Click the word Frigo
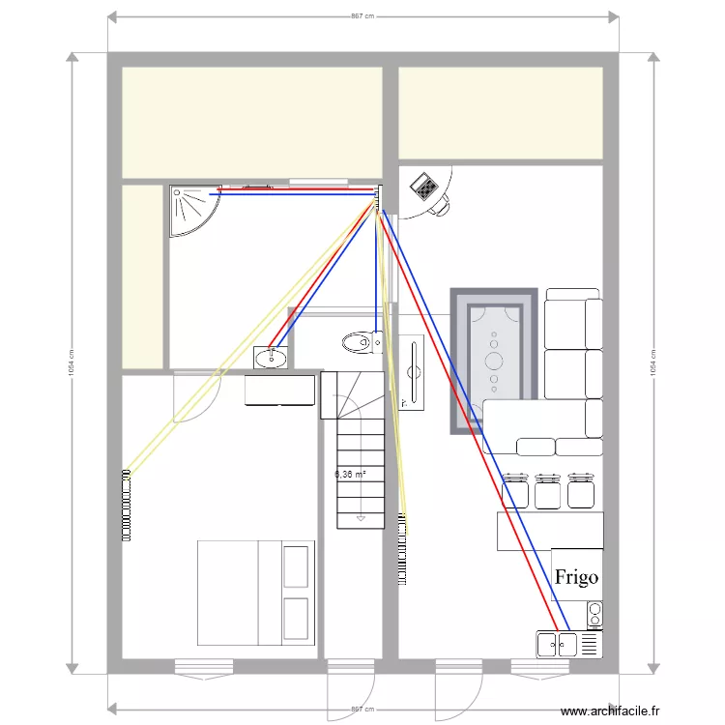(x=576, y=577)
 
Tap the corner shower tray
(x=189, y=209)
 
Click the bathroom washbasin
(x=272, y=358)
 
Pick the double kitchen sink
(x=557, y=644)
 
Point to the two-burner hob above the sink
(x=594, y=613)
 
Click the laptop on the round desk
(x=422, y=185)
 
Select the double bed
(x=255, y=593)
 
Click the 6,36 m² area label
(x=350, y=475)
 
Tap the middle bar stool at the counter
(x=549, y=490)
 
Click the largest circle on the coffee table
(x=494, y=361)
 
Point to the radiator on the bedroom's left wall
(x=126, y=504)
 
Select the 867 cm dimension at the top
(x=362, y=16)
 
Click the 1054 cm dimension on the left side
(x=72, y=363)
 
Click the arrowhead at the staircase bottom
(x=359, y=517)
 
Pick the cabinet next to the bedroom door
(x=280, y=391)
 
